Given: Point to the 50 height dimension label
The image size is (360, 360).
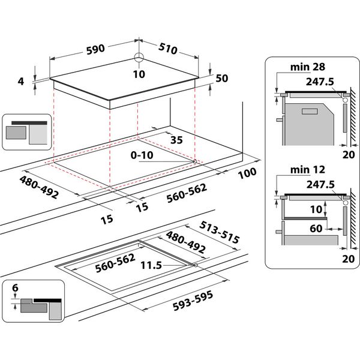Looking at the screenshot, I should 223,78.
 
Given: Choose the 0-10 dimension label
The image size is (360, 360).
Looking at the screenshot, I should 143,155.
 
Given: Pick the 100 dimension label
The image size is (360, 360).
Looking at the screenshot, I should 247,172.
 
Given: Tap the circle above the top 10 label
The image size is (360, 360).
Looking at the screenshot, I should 140,58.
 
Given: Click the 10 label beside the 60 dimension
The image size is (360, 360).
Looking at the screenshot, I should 316,209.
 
